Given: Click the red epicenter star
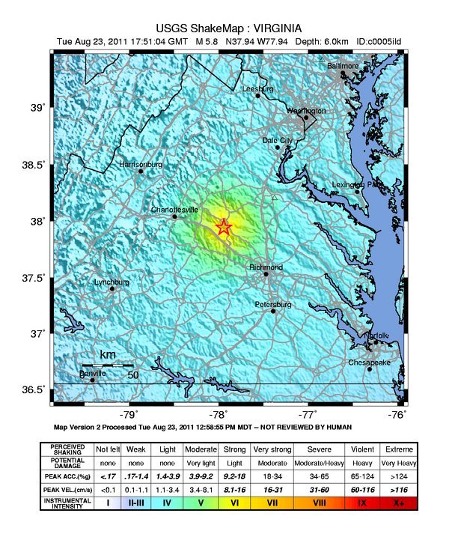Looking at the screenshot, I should pyautogui.click(x=225, y=227).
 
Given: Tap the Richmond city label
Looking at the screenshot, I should pyautogui.click(x=266, y=267).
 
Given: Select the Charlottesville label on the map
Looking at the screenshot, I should pyautogui.click(x=174, y=210).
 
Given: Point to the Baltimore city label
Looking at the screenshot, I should pyautogui.click(x=344, y=67).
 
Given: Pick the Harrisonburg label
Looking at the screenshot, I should pyautogui.click(x=141, y=164).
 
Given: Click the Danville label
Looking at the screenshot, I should pyautogui.click(x=94, y=373).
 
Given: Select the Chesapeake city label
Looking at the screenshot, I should pyautogui.click(x=369, y=362).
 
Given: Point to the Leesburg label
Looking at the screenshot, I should pyautogui.click(x=258, y=88).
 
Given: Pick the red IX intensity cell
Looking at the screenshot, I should pyautogui.click(x=362, y=503).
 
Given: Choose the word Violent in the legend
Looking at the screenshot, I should pyautogui.click(x=362, y=449).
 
